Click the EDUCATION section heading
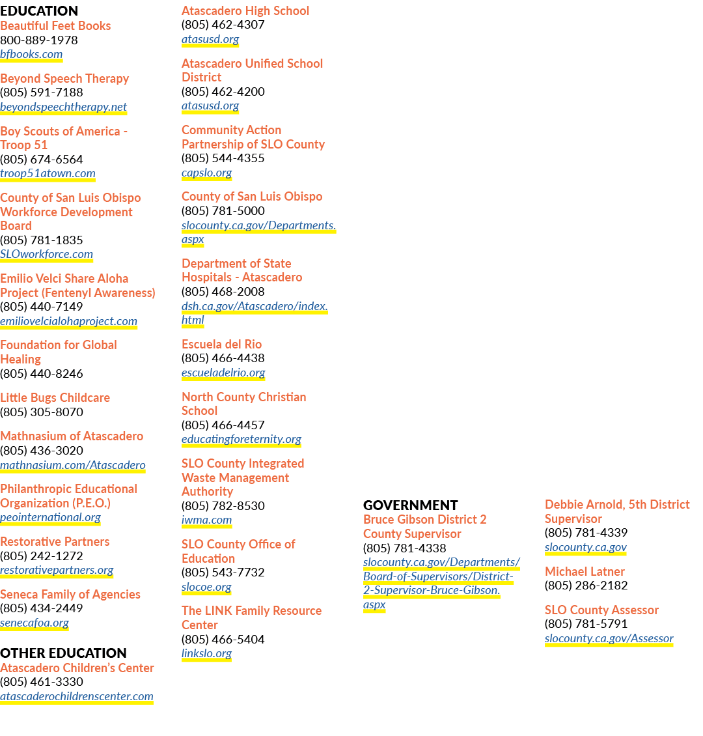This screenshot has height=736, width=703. pos(39,11)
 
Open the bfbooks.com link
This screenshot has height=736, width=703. pos(31,55)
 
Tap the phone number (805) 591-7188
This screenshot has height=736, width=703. pos(42,92)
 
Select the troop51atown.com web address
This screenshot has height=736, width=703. pos(48,174)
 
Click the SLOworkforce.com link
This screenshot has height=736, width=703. pos(46,255)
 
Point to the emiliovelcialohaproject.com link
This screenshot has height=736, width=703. pos(68,322)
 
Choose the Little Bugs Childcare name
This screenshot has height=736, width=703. pos(55,397)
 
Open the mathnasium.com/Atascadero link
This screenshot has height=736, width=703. pos(73,465)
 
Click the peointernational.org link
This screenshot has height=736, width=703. pos(50,518)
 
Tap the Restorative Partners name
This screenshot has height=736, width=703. pos(55,542)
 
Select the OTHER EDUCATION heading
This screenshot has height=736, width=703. pos(63,653)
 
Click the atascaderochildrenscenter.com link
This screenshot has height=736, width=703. pos(77,696)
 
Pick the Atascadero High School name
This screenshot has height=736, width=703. pos(245,11)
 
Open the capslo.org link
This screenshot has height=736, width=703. pos(207,173)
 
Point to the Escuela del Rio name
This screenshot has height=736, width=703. pos(222,344)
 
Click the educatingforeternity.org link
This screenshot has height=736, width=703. pos(241,440)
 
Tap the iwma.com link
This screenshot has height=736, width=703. pos(207,520)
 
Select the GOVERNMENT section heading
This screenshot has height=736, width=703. pos(410,505)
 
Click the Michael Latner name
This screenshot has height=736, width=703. pos(585,571)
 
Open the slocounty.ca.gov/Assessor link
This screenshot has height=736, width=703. pos(609,638)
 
